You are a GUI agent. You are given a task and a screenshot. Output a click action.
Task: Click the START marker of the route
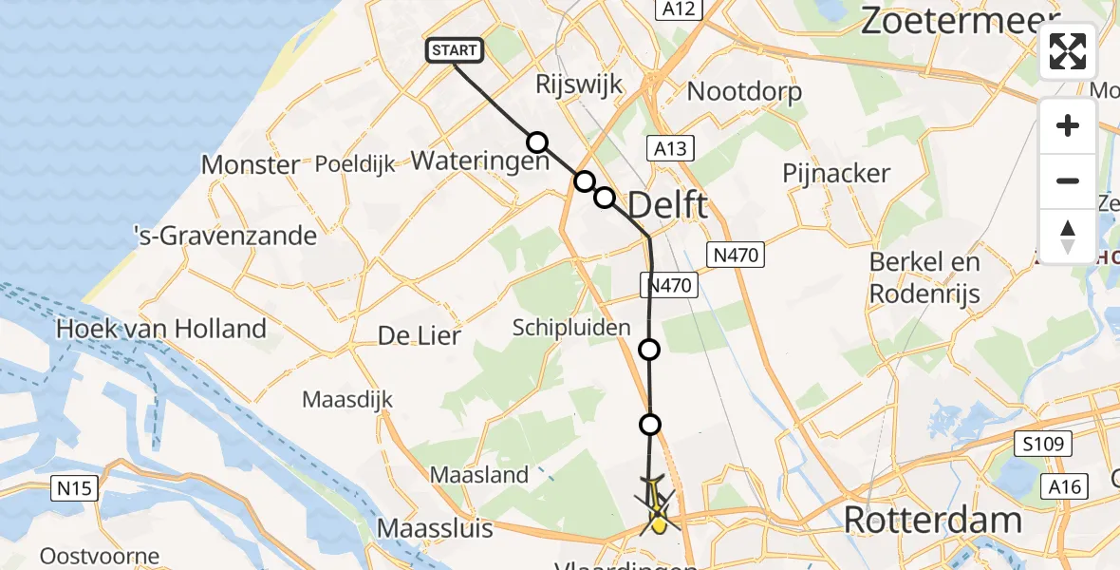coord(456,50)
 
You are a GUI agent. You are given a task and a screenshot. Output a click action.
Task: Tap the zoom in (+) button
coord(1068,125)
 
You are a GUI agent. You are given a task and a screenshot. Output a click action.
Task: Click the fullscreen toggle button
coord(1068,51)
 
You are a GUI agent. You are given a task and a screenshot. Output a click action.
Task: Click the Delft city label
coord(667,204)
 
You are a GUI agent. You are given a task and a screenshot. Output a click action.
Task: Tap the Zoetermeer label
coord(959,20)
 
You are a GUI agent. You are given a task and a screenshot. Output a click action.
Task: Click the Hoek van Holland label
coord(161,330)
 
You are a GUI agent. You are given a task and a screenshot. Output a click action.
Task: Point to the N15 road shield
coord(75,488)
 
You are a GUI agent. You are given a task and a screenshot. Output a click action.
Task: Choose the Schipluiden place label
coord(571,328)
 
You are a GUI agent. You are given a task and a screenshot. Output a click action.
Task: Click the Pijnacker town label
coord(836,173)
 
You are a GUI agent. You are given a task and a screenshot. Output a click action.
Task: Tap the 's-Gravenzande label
coord(225,235)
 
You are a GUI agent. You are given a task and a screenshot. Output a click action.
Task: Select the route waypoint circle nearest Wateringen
coord(537,142)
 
